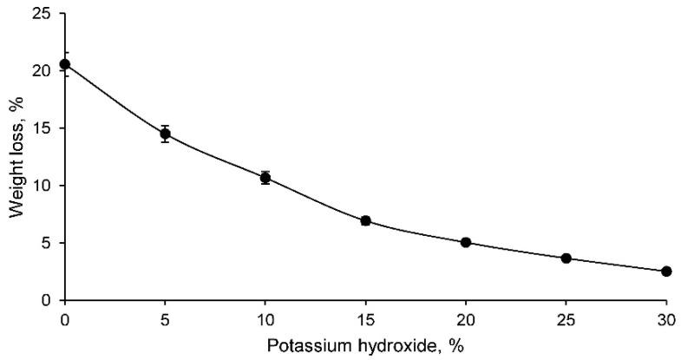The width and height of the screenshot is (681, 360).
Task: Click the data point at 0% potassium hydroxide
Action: [64, 64]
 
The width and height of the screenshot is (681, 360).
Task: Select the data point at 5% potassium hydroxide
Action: [165, 134]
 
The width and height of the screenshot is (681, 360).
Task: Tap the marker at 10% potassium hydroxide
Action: [265, 178]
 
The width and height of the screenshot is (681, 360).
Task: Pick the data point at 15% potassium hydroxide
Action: [365, 221]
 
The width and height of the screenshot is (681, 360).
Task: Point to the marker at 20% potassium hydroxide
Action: [466, 242]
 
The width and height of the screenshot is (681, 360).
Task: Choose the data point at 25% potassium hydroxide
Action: [566, 259]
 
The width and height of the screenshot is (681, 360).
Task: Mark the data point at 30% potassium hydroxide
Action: [666, 272]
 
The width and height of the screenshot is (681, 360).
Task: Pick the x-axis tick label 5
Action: [165, 317]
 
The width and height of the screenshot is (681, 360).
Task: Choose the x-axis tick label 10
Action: [265, 317]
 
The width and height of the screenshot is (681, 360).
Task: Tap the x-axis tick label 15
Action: [365, 317]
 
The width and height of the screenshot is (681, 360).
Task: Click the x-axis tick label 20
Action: [466, 317]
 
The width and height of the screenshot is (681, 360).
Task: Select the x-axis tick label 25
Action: [566, 317]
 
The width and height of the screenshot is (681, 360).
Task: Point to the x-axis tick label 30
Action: [666, 317]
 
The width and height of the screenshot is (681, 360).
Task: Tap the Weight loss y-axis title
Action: [15, 156]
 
